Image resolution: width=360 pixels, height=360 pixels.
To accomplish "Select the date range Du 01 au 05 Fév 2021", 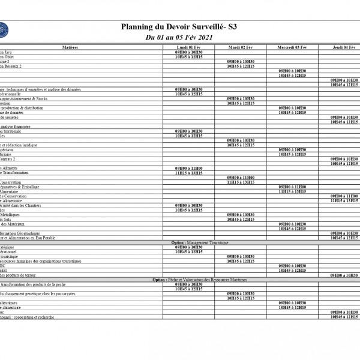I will click(179, 38).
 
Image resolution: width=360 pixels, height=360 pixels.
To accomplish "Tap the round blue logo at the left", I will click(2, 28).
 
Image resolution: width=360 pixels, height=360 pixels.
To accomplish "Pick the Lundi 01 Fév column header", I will click(188, 47).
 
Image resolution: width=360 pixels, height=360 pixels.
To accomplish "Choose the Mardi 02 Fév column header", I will click(241, 47).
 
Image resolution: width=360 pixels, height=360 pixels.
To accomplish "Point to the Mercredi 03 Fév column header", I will click(292, 47).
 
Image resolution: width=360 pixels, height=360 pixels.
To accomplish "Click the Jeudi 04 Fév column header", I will click(344, 47).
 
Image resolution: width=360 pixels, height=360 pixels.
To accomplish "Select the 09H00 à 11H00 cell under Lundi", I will click(188, 169).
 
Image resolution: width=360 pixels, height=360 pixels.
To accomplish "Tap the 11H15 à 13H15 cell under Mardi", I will click(241, 182).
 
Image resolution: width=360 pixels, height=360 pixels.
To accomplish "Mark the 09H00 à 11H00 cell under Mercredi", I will click(292, 187).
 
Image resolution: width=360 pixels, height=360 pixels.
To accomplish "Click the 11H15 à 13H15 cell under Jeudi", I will click(344, 200).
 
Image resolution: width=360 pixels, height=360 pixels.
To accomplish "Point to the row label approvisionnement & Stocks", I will click(24, 98).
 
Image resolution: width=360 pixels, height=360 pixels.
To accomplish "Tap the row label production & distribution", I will click(22, 108).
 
